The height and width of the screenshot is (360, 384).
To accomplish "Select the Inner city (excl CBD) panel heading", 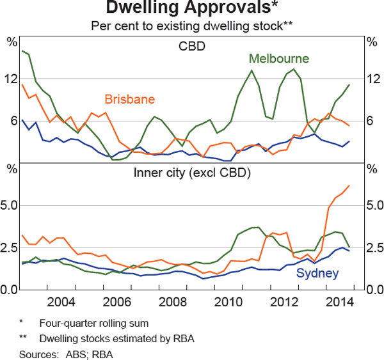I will (192, 173).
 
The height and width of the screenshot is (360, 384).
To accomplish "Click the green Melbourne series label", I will (279, 59).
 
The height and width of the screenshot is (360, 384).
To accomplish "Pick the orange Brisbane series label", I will (130, 99).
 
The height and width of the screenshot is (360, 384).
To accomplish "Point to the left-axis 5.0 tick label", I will (12, 205).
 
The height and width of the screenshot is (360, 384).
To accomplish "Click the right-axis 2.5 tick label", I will (371, 247).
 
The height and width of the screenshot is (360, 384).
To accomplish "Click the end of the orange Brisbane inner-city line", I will (349, 185).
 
